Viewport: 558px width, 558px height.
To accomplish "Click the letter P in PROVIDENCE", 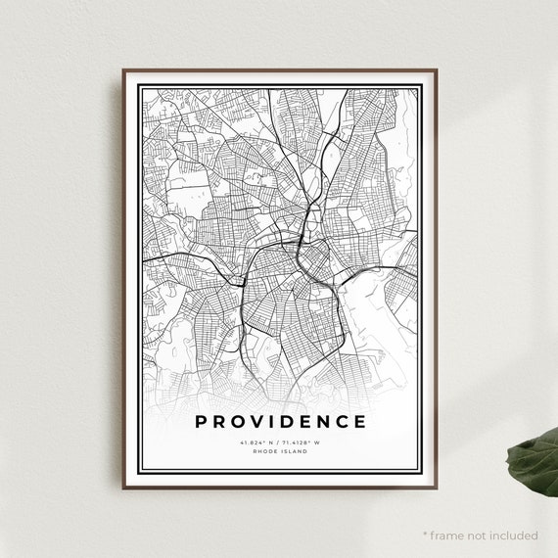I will (x=202, y=422).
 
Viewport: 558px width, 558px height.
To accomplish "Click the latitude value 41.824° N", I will (x=256, y=442).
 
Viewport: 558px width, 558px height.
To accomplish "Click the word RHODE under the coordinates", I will (x=265, y=451).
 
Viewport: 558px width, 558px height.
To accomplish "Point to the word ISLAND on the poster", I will (x=291, y=451).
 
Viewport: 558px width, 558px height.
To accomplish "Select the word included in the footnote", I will (x=515, y=535).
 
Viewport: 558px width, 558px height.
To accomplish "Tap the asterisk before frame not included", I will (x=426, y=534).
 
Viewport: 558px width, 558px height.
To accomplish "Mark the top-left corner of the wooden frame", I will (x=124, y=70).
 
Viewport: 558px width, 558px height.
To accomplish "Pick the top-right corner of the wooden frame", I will (x=435, y=70).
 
